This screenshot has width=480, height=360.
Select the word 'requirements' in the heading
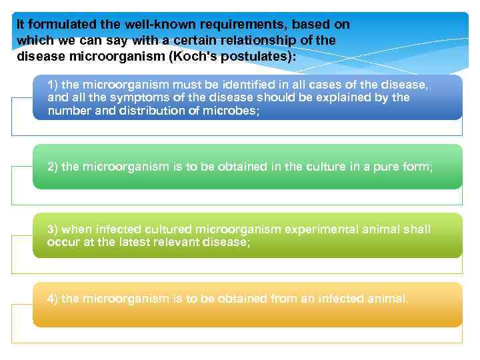point(220,25)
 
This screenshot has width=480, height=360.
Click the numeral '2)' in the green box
point(53,167)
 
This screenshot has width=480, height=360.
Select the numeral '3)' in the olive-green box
point(53,229)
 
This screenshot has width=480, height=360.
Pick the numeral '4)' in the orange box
point(53,299)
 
